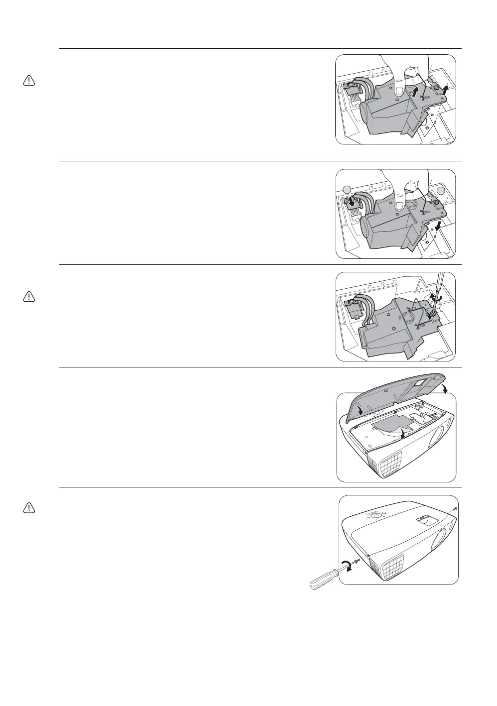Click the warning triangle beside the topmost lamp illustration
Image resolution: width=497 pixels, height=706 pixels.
pos(29,81)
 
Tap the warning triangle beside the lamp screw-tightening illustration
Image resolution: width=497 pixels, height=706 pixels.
pos(29,297)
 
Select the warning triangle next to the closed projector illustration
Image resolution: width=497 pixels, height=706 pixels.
pos(29,507)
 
